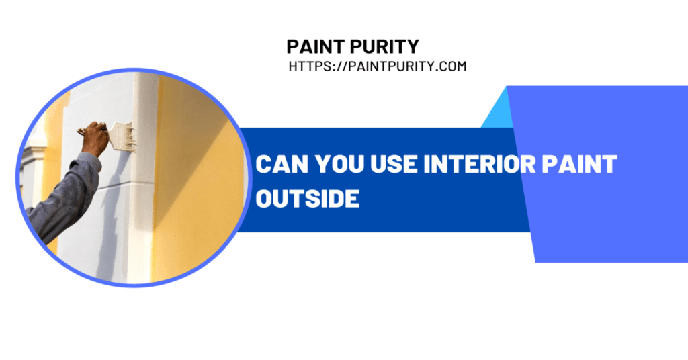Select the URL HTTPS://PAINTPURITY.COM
point(378,66)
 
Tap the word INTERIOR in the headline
point(480,164)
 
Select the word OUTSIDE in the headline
point(308,199)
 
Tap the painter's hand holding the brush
point(95,138)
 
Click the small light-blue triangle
point(498,108)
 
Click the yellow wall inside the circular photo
point(198,175)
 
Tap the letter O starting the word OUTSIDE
point(264,199)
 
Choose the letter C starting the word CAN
point(263,164)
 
